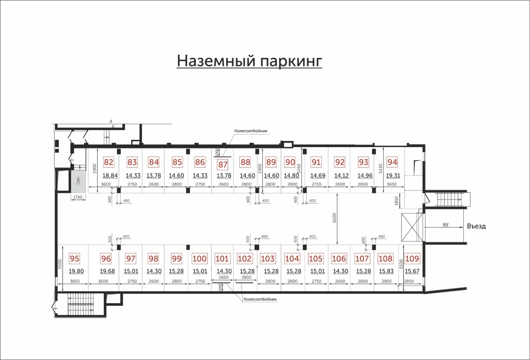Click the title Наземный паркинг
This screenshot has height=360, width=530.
[x=249, y=61]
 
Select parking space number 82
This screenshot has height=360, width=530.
[x=108, y=162]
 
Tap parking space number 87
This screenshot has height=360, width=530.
[x=223, y=164]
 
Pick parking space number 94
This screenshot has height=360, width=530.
[x=392, y=162]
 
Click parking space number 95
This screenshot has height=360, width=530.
[x=75, y=259]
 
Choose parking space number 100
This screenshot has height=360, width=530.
[x=200, y=259]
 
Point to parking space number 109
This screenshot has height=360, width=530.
[x=412, y=259]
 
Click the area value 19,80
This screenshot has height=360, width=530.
[x=76, y=271]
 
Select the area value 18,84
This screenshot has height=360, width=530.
[x=110, y=176]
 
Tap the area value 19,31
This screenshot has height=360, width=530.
[x=393, y=176]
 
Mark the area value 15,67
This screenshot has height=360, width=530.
[x=412, y=271]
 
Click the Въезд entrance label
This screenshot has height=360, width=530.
[x=476, y=226]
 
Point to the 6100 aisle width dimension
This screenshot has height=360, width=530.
[x=334, y=218]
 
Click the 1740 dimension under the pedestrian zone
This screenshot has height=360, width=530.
[x=78, y=197]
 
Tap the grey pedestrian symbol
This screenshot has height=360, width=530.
[x=78, y=181]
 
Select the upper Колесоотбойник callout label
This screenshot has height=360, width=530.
[x=251, y=131]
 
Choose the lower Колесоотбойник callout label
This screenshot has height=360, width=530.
[x=260, y=300]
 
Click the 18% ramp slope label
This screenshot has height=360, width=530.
[x=445, y=225]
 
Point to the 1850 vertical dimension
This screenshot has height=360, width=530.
[x=397, y=201]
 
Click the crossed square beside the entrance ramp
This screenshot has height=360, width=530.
[x=412, y=227]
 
